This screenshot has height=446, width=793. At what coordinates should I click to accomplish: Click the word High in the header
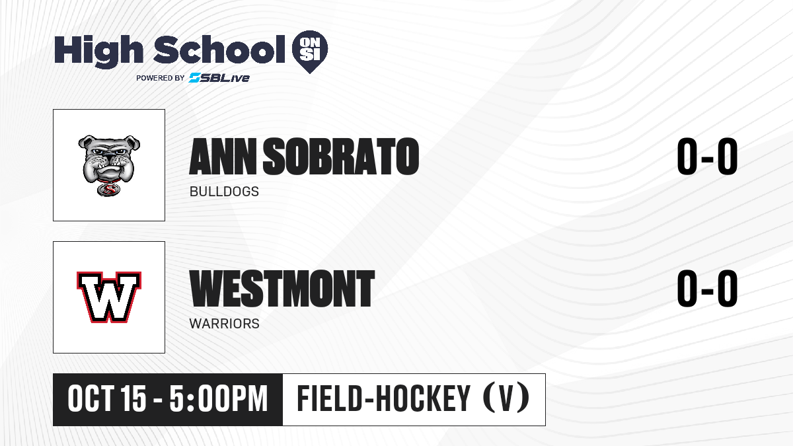tap(98, 52)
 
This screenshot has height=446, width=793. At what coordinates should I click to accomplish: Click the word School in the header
tap(219, 50)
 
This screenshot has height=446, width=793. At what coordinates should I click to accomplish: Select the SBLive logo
tap(219, 77)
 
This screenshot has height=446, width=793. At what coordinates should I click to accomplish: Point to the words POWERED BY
tap(161, 78)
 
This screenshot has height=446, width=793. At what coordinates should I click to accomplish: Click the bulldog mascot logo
tap(109, 165)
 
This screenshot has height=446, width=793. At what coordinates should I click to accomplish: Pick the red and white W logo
tap(109, 297)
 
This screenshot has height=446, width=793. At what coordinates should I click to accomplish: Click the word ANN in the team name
tap(223, 157)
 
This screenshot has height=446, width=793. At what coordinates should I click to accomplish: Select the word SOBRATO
tap(341, 157)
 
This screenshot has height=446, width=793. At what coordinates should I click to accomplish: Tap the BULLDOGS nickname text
tap(224, 192)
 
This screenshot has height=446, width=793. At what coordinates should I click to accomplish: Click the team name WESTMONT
tap(282, 288)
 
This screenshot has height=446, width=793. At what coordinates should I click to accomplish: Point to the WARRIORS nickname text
tap(225, 324)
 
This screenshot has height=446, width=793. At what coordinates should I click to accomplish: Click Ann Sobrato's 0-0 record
tap(707, 156)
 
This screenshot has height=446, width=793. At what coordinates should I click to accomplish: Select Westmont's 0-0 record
tap(707, 288)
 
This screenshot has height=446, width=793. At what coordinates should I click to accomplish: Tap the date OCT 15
tap(107, 398)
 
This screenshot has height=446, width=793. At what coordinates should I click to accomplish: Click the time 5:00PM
tap(219, 398)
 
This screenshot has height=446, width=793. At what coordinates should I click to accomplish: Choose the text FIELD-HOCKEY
tap(384, 398)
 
